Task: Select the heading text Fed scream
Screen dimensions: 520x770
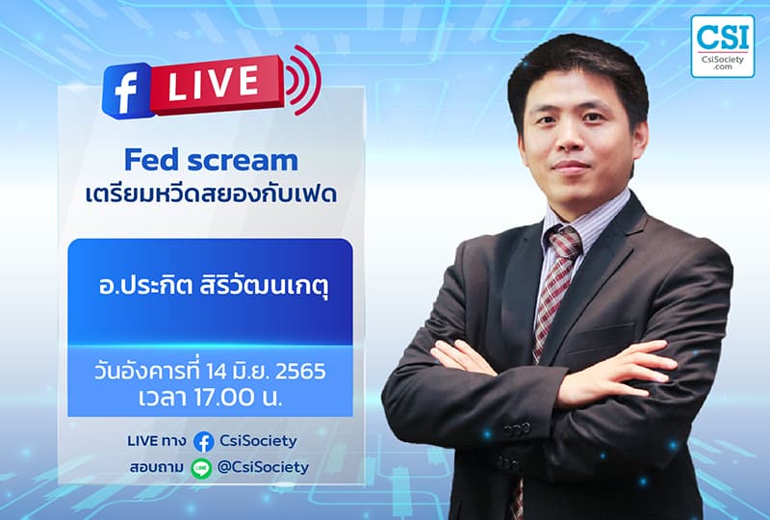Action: coord(211,160)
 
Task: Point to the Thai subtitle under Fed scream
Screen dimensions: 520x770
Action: coord(210,191)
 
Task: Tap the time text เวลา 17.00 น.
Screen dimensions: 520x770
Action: coord(210,396)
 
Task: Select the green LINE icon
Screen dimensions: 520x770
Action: coord(201,468)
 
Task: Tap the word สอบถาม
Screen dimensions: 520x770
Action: coord(158,468)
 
